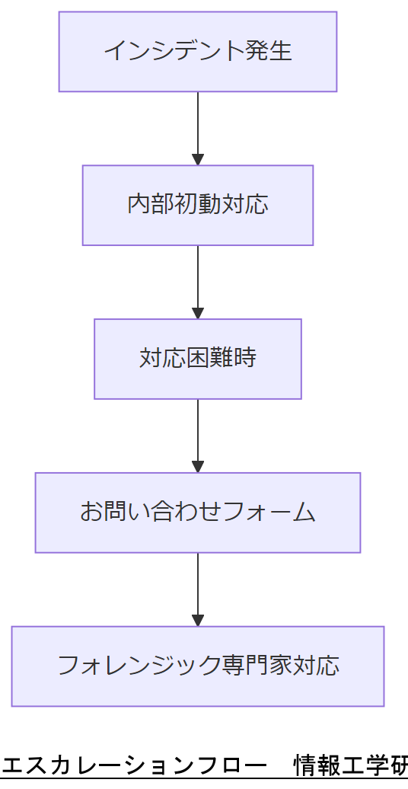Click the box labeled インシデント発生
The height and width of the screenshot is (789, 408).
198,52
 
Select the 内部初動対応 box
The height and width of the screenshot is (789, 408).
198,205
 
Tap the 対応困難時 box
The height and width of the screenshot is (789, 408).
198,359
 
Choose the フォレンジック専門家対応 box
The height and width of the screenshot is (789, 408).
198,666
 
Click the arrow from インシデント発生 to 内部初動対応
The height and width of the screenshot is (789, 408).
198,126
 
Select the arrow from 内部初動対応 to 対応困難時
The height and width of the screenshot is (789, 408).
198,280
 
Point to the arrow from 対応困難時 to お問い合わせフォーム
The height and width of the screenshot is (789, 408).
198,433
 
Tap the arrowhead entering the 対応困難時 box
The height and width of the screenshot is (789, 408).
198,313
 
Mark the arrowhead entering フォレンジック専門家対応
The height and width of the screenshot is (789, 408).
198,620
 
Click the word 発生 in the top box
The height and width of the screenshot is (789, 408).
269,52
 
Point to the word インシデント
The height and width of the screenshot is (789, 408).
174,52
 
